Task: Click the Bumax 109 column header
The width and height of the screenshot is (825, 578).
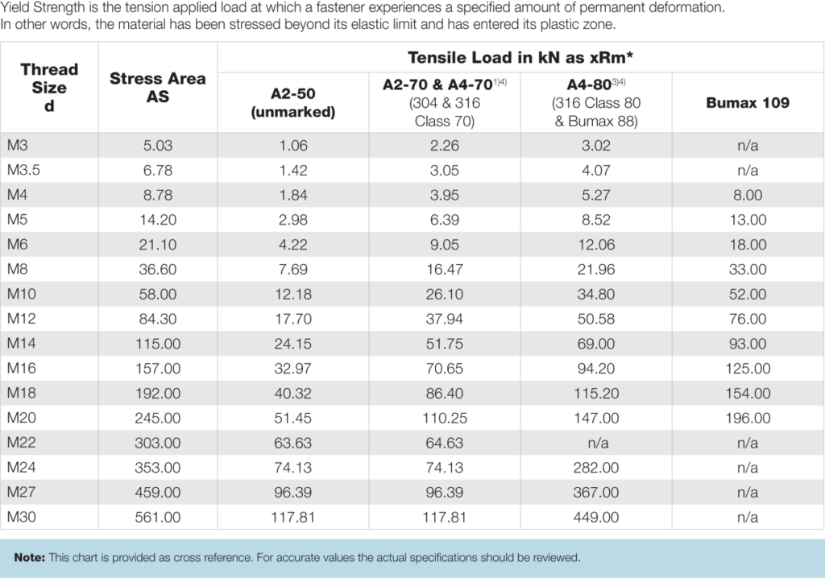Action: pyautogui.click(x=748, y=103)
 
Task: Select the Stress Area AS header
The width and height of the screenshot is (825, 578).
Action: pyautogui.click(x=158, y=87)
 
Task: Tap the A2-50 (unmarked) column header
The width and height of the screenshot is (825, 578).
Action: pyautogui.click(x=292, y=103)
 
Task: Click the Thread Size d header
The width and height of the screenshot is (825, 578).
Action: pyautogui.click(x=49, y=87)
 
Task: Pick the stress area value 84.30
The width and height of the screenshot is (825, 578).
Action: pyautogui.click(x=158, y=320)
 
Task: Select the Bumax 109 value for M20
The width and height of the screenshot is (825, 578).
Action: pyautogui.click(x=748, y=419)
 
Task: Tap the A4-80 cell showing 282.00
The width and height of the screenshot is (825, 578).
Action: pyautogui.click(x=597, y=468)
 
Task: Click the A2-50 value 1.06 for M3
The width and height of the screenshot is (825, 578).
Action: pyautogui.click(x=292, y=146)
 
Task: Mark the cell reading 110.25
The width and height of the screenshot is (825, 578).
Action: pyautogui.click(x=444, y=419)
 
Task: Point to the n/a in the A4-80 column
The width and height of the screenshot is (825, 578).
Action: pyautogui.click(x=597, y=444)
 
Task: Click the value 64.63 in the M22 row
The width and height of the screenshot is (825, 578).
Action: pyautogui.click(x=444, y=444)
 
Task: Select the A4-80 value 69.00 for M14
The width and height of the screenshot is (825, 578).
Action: pyautogui.click(x=597, y=345)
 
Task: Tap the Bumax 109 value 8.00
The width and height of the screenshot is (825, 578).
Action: pyautogui.click(x=748, y=196)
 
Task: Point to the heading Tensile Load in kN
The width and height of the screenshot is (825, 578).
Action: pyautogui.click(x=516, y=58)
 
